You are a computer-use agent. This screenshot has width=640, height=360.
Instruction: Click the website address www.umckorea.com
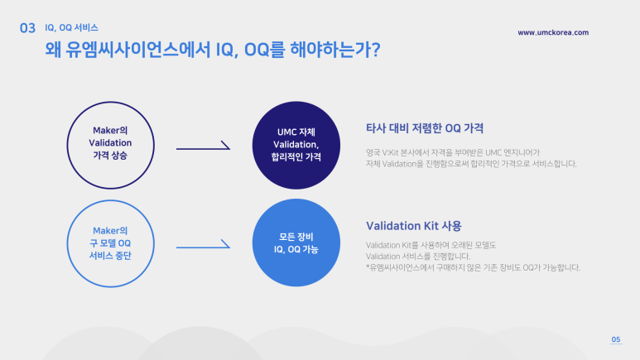pos(553,32)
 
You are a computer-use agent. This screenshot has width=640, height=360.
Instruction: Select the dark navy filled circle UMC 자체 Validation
pos(296,145)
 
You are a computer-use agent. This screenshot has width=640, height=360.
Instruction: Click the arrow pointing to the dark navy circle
pos(203,149)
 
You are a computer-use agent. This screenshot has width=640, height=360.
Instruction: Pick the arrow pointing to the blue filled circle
pos(203,246)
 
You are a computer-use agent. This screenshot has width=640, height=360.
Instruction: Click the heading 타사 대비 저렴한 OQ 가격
pos(425,128)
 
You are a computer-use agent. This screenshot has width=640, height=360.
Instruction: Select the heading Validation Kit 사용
pos(413,225)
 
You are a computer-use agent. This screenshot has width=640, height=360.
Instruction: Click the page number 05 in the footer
pos(615,340)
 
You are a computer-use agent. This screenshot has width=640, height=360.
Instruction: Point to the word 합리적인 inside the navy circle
pos(279,156)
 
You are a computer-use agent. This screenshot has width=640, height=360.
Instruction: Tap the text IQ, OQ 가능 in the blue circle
pos(296,250)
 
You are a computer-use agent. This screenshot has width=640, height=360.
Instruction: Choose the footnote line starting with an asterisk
pos(473,267)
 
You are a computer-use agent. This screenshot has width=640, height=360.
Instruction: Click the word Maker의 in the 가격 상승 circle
pos(111,130)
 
